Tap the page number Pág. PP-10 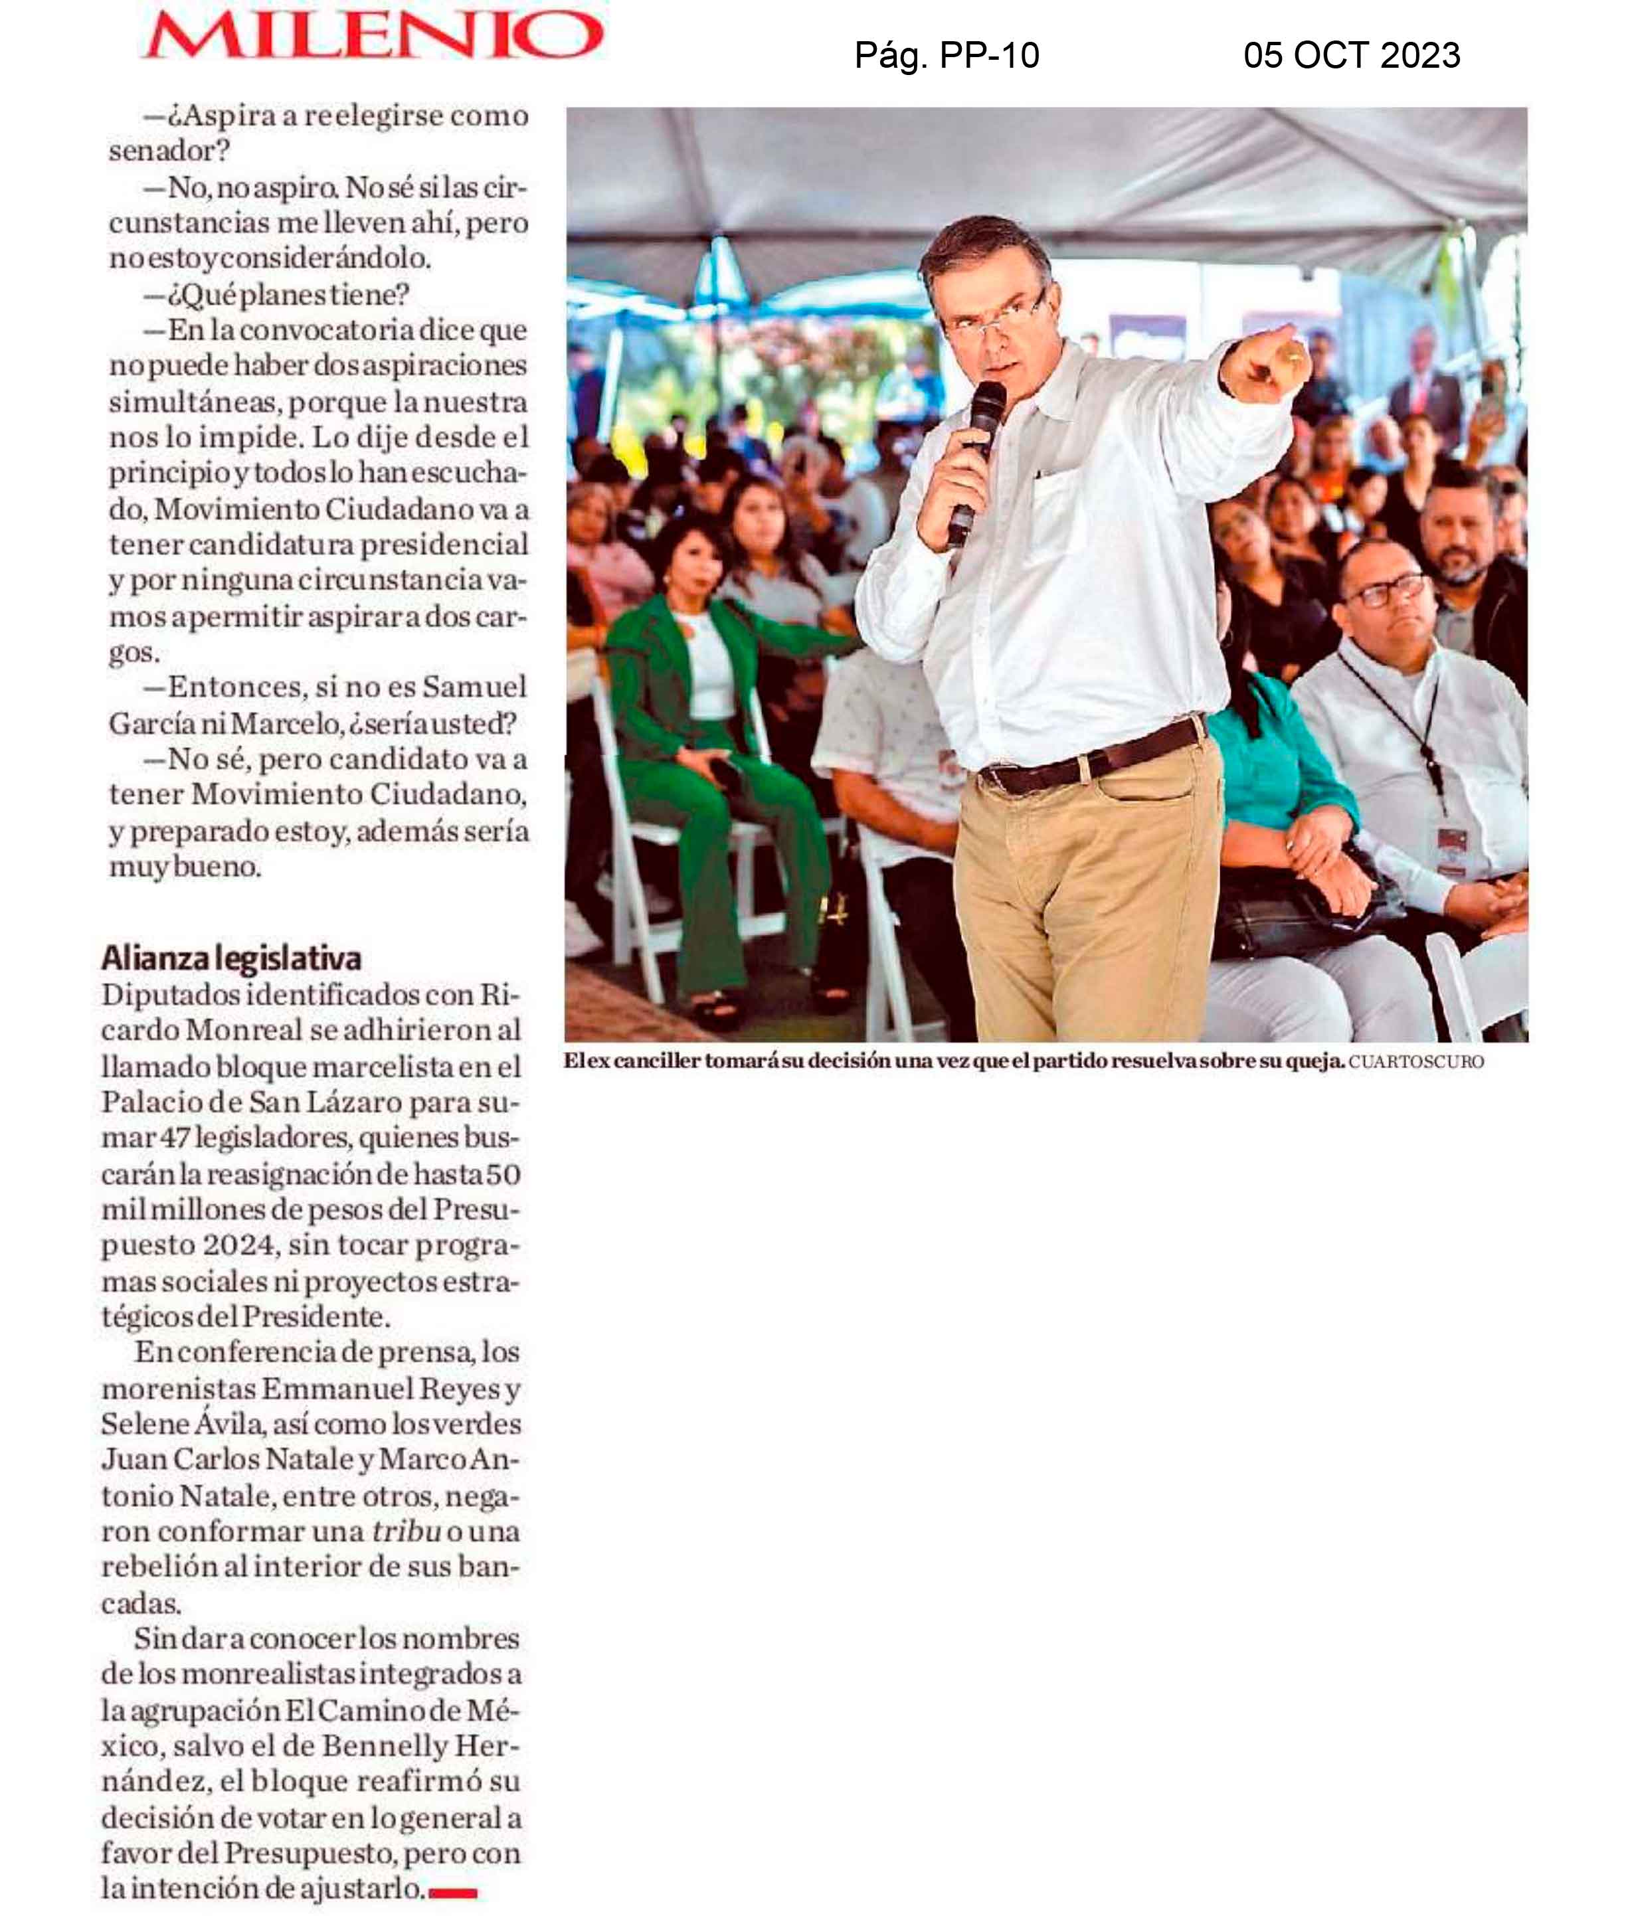946,56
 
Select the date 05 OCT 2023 1351,56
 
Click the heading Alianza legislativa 231,958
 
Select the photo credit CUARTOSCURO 1415,1061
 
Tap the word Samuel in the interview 474,687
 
